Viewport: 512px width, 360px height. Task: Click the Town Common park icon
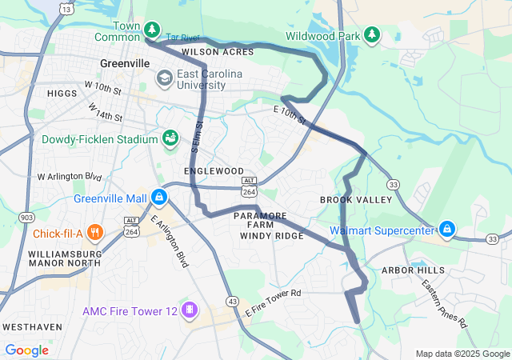[x=152, y=30]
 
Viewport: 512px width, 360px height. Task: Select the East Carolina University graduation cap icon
[x=165, y=78]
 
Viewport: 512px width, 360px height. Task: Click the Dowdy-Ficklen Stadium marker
[x=170, y=139]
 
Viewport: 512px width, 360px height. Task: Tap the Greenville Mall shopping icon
[x=161, y=196]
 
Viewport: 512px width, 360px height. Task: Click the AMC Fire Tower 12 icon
[x=190, y=309]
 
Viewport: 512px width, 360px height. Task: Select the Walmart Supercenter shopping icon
[x=448, y=230]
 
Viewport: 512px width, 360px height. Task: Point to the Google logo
[x=26, y=350]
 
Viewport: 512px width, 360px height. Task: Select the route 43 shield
[x=231, y=300]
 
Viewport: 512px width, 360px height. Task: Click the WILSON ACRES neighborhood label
[x=218, y=52]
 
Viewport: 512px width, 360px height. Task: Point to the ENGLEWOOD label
[x=214, y=171]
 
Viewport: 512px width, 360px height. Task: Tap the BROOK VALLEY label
[x=353, y=199]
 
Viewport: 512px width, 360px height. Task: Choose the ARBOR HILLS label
[x=412, y=271]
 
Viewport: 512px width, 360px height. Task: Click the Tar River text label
[x=182, y=37]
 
